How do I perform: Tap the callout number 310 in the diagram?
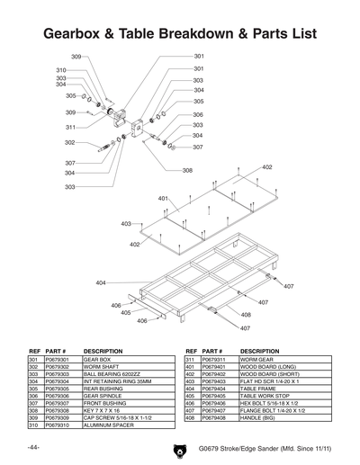click(x=61, y=70)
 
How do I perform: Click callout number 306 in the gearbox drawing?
click(x=198, y=115)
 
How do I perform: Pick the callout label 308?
click(x=187, y=170)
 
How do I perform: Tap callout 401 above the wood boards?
click(x=163, y=198)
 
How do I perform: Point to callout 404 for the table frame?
click(x=102, y=282)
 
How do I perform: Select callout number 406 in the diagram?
click(x=116, y=307)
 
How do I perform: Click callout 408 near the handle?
click(x=245, y=315)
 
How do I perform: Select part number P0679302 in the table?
click(x=56, y=367)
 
